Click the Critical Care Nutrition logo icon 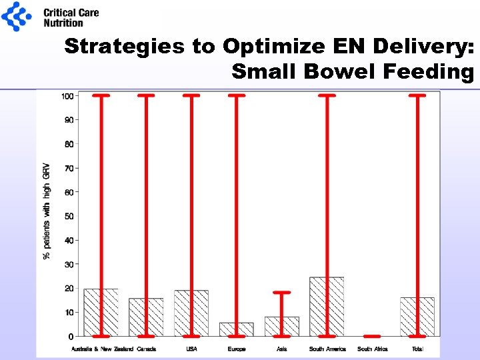(x=17, y=17)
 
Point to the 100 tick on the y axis (x=67, y=96)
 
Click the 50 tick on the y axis (x=69, y=216)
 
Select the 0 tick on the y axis (x=71, y=336)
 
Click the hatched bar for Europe (x=228, y=329)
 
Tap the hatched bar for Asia (x=273, y=327)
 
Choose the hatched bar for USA (x=183, y=313)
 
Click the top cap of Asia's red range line (x=282, y=293)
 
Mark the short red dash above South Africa (x=372, y=336)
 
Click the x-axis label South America (x=327, y=349)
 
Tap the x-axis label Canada (x=146, y=349)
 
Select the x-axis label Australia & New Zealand (x=102, y=349)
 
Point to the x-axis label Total (x=417, y=349)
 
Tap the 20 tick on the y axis (x=69, y=288)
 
